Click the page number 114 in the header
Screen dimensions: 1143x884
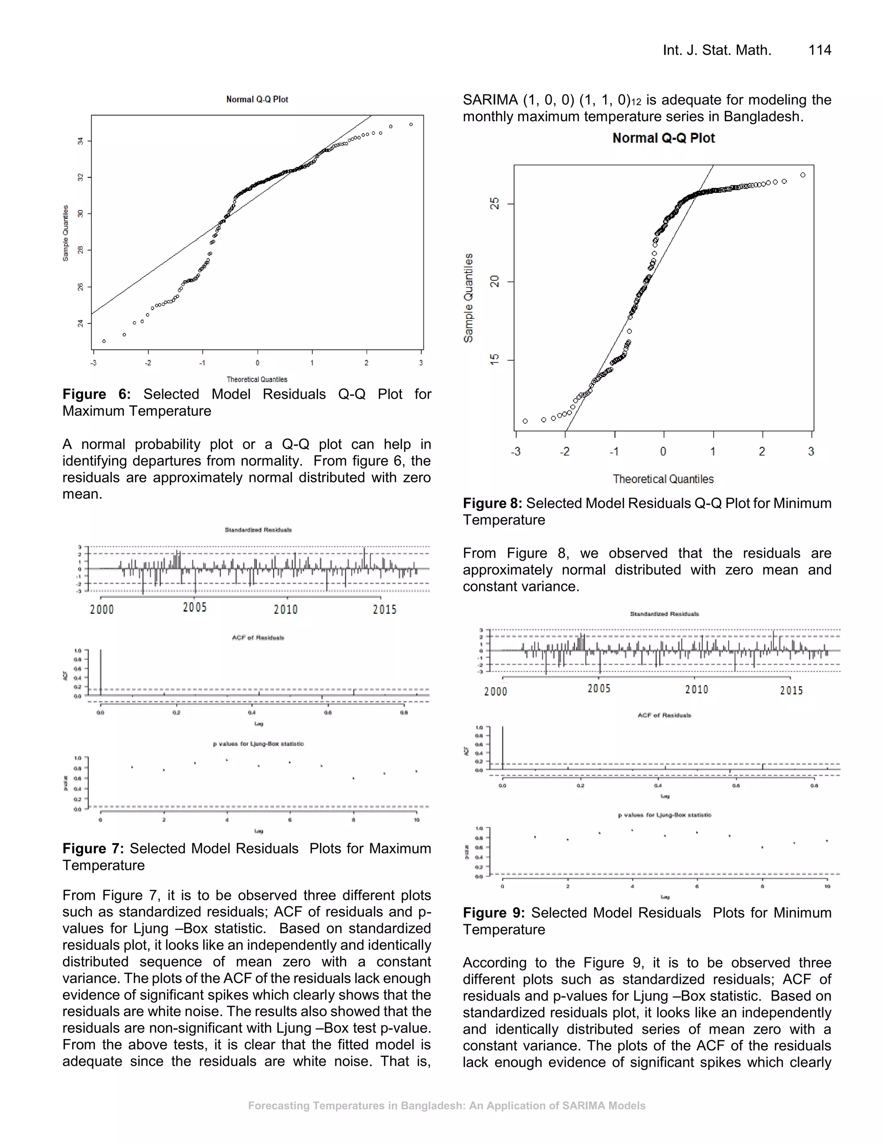820,50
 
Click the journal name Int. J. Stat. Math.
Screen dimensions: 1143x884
717,50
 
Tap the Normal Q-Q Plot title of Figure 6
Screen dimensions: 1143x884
257,100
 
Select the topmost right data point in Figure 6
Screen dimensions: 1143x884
411,125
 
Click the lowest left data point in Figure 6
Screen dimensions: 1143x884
104,341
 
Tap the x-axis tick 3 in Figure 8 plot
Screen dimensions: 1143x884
811,451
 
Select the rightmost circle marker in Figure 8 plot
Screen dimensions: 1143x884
803,175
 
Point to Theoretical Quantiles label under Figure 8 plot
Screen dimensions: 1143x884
663,479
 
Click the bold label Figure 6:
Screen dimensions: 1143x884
96,394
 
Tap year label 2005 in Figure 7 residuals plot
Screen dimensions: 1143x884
195,608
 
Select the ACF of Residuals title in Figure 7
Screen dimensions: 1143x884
258,637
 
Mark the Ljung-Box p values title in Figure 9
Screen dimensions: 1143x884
664,815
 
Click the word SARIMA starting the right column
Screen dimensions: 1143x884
489,100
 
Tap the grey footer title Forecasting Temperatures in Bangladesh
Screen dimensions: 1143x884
446,1106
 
